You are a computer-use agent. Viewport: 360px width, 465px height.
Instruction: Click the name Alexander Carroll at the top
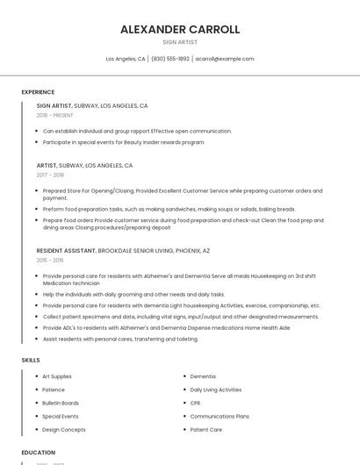click(x=180, y=29)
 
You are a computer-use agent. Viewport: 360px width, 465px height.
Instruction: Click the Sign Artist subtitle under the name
click(x=180, y=42)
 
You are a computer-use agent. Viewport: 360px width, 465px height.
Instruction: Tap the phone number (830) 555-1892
click(x=169, y=59)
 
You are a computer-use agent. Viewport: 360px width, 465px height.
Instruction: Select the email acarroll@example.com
click(x=224, y=59)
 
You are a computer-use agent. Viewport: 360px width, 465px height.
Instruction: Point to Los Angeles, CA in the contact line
click(x=126, y=59)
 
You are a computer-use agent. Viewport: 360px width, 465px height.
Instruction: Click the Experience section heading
click(x=38, y=92)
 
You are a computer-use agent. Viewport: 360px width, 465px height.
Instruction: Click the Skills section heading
click(x=30, y=360)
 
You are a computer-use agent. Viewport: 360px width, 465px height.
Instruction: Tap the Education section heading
click(x=38, y=453)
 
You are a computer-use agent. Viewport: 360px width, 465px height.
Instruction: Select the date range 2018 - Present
click(x=54, y=115)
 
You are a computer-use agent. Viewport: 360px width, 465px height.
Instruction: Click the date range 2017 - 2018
click(x=50, y=175)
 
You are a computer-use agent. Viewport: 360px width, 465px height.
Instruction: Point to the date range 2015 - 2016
click(x=50, y=260)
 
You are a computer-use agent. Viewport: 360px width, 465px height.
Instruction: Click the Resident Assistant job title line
click(x=123, y=250)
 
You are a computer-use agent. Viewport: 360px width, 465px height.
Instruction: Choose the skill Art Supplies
click(x=57, y=376)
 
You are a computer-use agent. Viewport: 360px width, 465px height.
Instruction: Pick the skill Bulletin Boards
click(x=61, y=403)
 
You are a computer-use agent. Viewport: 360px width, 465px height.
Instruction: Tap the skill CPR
click(x=196, y=403)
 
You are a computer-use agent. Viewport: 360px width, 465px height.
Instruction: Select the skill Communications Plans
click(x=220, y=416)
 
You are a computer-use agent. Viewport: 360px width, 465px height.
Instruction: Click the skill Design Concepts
click(x=64, y=430)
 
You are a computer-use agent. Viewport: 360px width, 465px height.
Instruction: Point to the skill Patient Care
click(x=206, y=430)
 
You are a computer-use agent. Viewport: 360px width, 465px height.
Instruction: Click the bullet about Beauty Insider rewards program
click(x=123, y=141)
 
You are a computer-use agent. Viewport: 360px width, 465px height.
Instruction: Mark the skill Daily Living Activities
click(x=216, y=390)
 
